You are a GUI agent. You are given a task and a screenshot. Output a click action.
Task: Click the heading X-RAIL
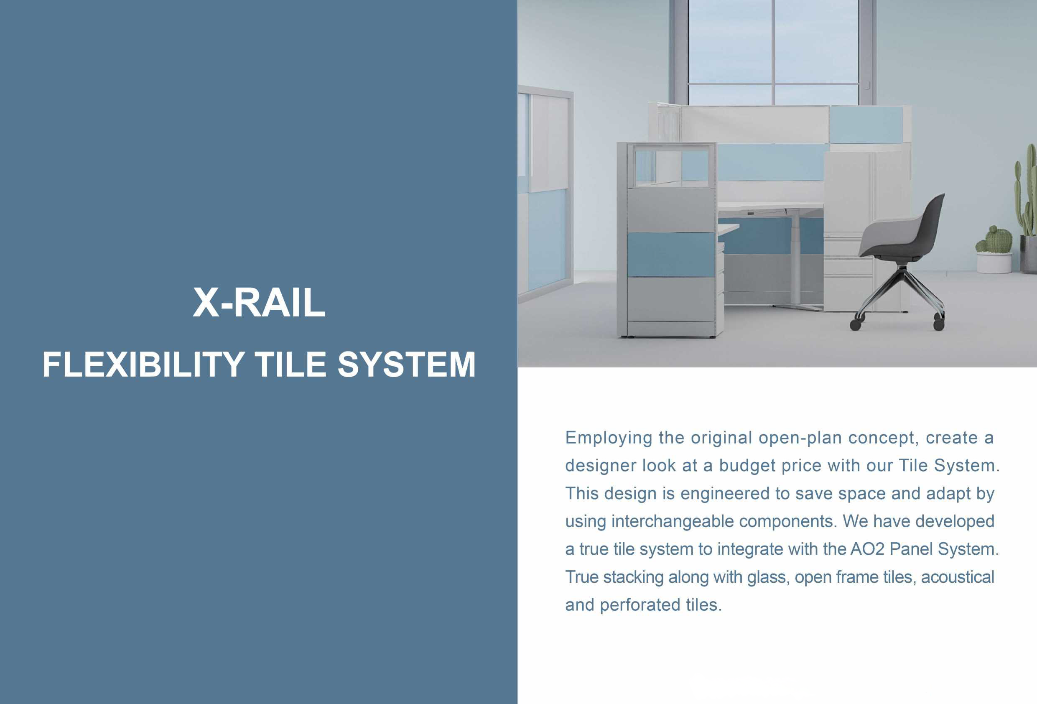[259, 303]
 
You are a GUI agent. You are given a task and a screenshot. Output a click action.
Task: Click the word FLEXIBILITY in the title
[143, 365]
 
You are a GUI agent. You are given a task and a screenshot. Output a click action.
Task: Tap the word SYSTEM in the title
[407, 365]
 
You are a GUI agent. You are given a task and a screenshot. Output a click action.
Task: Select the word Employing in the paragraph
[609, 439]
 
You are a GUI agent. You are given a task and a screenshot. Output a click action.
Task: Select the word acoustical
[958, 577]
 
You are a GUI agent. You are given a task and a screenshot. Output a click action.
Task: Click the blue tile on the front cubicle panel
[671, 255]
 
